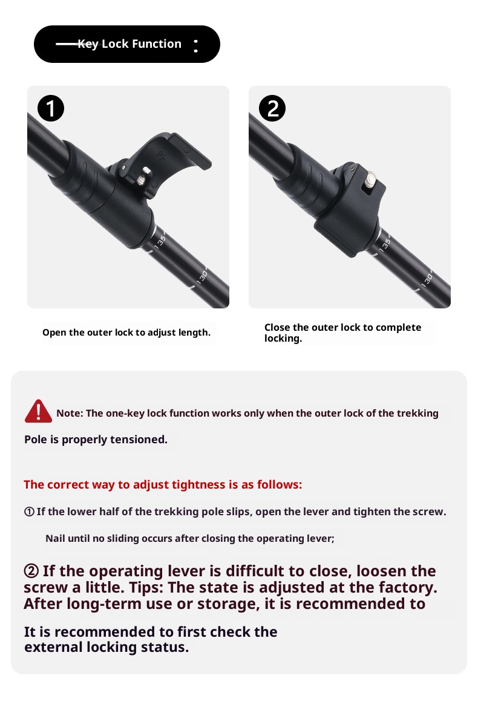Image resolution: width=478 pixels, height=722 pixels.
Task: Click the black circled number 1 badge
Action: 51,108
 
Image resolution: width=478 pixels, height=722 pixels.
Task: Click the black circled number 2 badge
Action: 272,108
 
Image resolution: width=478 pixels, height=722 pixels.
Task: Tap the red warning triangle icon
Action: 38,411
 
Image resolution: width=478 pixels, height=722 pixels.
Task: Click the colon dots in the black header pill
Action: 196,45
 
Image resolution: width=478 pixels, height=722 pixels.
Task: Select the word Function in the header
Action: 157,44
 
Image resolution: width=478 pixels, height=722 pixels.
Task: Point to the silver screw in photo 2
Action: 370,178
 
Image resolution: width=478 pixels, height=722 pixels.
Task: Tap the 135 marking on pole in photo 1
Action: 160,241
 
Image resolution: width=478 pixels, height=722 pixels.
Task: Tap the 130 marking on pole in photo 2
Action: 427,279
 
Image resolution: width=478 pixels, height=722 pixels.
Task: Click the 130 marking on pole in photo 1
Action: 202,277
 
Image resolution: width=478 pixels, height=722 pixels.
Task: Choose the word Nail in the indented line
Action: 55,538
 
